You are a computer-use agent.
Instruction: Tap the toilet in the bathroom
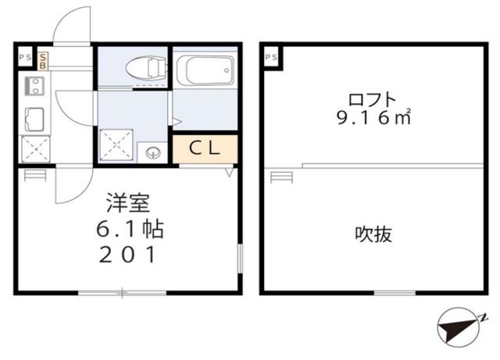coord(146,69)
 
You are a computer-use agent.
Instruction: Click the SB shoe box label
coord(43,60)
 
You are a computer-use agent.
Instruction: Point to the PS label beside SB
coord(24,57)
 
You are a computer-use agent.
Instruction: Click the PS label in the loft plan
coord(271,57)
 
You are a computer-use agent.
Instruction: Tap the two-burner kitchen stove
coord(34,84)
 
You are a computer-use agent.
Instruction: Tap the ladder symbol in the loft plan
coord(279,176)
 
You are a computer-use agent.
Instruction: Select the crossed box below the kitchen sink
coord(34,148)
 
